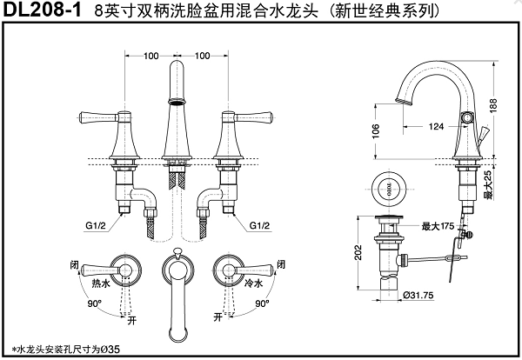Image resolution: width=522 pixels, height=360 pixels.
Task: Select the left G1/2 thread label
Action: (97, 225)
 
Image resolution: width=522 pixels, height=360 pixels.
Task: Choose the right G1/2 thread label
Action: (260, 225)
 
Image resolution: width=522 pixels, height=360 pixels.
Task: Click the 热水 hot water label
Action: (99, 283)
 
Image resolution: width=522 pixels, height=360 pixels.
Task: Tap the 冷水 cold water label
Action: (253, 283)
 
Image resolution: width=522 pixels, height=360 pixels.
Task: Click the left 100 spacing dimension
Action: (151, 56)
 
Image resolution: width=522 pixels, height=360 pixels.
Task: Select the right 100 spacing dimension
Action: (203, 56)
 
